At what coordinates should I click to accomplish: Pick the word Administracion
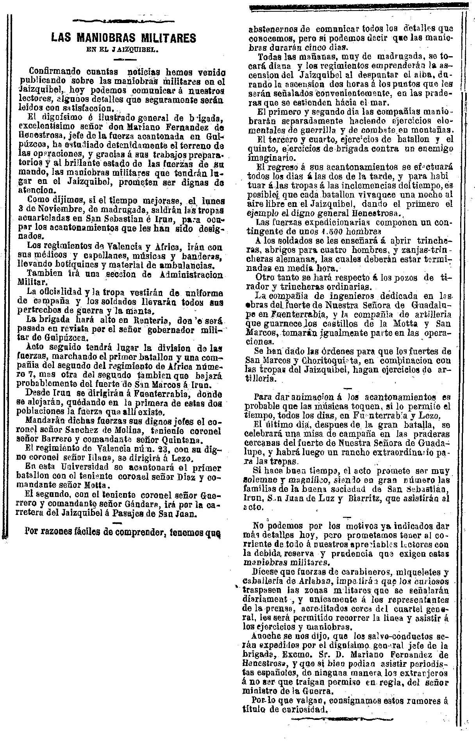click(x=191, y=275)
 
